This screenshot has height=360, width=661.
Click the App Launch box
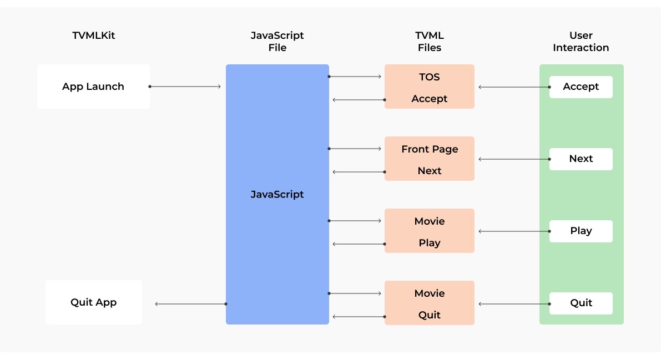point(93,87)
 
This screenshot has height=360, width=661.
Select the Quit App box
point(93,302)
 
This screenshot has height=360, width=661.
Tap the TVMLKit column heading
point(93,36)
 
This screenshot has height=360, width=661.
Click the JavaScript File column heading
point(277,42)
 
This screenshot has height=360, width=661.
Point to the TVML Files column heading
point(429,42)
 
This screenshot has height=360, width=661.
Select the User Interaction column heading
point(581,42)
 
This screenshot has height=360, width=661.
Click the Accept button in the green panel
point(581,87)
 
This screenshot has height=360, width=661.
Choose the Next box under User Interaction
point(581,159)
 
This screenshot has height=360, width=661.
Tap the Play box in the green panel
point(581,231)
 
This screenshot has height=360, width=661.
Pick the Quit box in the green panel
point(581,303)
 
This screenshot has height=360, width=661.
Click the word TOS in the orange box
point(429,77)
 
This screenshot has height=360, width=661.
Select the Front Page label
point(429,149)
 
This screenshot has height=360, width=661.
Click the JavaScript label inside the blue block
point(277,195)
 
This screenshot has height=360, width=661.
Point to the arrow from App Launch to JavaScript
point(185,87)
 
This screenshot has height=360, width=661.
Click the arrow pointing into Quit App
point(190,304)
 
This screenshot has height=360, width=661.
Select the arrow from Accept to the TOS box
point(513,87)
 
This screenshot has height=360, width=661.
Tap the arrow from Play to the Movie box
point(513,231)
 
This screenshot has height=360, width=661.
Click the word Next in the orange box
point(429,171)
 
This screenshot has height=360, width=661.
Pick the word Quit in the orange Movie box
point(429,315)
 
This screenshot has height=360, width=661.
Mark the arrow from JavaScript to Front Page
point(355,149)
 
